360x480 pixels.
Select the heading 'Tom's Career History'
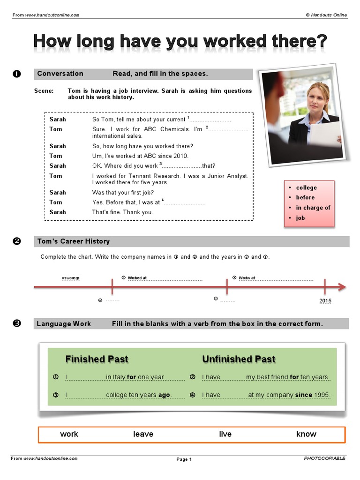(x=73, y=241)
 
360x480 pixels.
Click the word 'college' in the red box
(x=306, y=187)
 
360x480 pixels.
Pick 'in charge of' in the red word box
(x=313, y=208)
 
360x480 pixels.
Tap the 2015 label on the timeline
(x=325, y=300)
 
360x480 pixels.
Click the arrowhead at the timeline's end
(x=342, y=287)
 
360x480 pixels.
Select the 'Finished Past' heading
(x=97, y=359)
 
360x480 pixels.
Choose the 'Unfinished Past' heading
(x=239, y=359)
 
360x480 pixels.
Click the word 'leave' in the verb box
(x=143, y=434)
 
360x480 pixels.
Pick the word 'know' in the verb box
(x=306, y=434)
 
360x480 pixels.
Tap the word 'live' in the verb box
(x=225, y=434)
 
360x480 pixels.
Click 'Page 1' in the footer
(x=184, y=459)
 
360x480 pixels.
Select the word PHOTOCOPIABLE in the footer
(x=324, y=458)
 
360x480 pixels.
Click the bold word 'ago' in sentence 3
(x=164, y=395)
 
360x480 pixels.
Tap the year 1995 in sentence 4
(x=322, y=395)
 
